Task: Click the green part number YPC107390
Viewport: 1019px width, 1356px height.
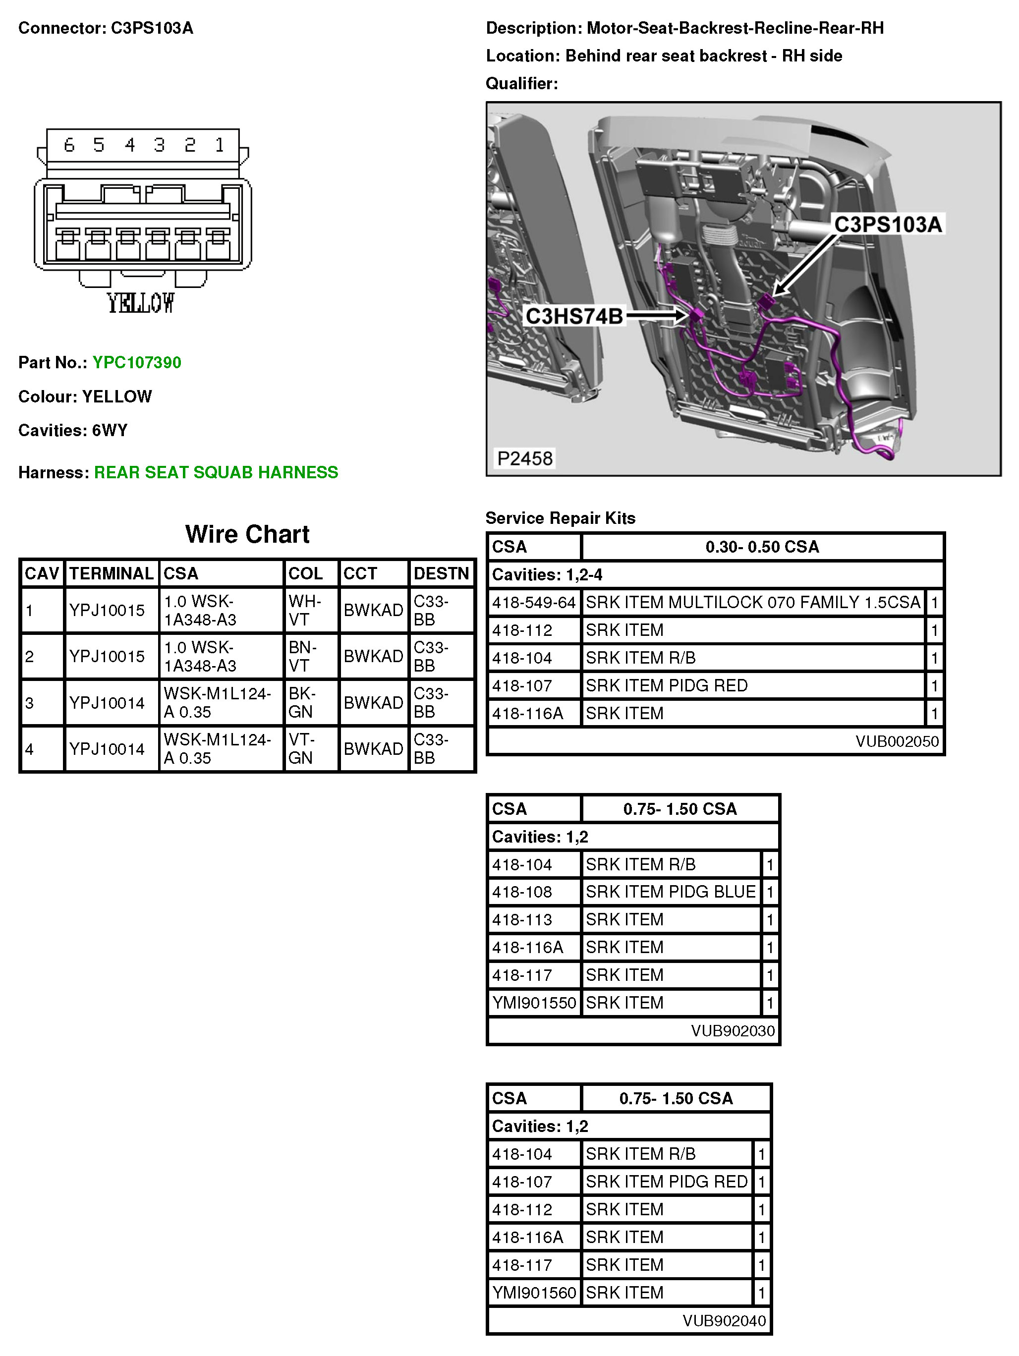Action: (136, 362)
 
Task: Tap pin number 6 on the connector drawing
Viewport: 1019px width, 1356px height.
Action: (69, 145)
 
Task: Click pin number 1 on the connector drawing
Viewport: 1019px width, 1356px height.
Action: (219, 145)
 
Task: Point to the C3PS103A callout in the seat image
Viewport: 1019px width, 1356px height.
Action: (887, 225)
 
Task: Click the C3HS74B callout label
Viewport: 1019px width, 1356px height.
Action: (574, 316)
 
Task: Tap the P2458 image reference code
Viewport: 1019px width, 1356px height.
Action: (524, 458)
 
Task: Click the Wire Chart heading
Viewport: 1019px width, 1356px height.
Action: (247, 534)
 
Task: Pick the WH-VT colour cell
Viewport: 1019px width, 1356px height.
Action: (305, 610)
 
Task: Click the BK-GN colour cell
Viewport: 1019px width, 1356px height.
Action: (302, 702)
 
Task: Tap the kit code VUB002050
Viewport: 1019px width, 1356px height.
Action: (897, 741)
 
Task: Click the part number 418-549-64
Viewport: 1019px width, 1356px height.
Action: (533, 603)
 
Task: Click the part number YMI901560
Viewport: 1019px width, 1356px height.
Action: (533, 1292)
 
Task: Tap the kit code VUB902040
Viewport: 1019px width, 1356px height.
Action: (724, 1320)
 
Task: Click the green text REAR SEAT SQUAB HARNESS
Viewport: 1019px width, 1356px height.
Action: (216, 472)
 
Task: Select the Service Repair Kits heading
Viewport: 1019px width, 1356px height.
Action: (561, 518)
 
